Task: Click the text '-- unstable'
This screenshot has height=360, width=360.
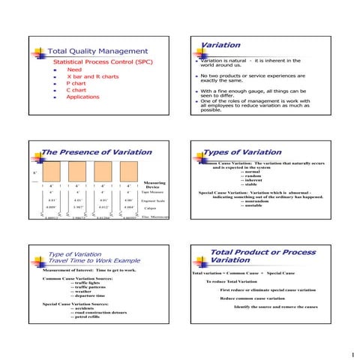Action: tap(253, 205)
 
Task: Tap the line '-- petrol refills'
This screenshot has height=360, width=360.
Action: tap(88, 318)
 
